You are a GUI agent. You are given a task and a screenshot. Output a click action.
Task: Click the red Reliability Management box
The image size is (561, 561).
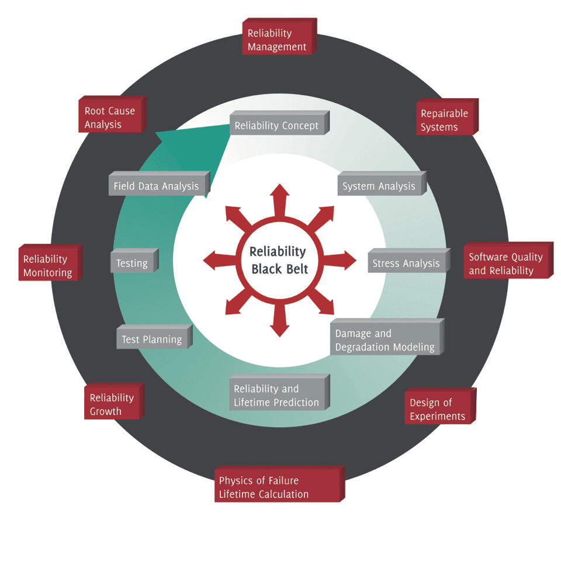pos(278,38)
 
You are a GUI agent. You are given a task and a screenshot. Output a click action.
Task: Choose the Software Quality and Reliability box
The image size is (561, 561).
pos(506,263)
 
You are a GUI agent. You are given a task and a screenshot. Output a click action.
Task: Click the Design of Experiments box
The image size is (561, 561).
pos(438,408)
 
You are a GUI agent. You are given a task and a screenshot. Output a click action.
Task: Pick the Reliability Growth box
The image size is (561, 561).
pos(113,403)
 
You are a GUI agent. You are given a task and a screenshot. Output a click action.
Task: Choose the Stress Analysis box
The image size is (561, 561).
pos(406,263)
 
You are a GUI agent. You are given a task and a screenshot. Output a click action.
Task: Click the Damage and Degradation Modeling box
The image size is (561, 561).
pos(385,339)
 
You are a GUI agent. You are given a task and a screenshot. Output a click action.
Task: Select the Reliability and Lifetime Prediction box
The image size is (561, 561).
pos(277,394)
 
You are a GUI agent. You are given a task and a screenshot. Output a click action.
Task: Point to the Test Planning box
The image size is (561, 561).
pos(152,339)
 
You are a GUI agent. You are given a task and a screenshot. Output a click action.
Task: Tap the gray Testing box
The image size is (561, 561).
pos(133,263)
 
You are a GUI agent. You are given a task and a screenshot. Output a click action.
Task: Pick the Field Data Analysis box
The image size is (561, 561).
pos(157,186)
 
